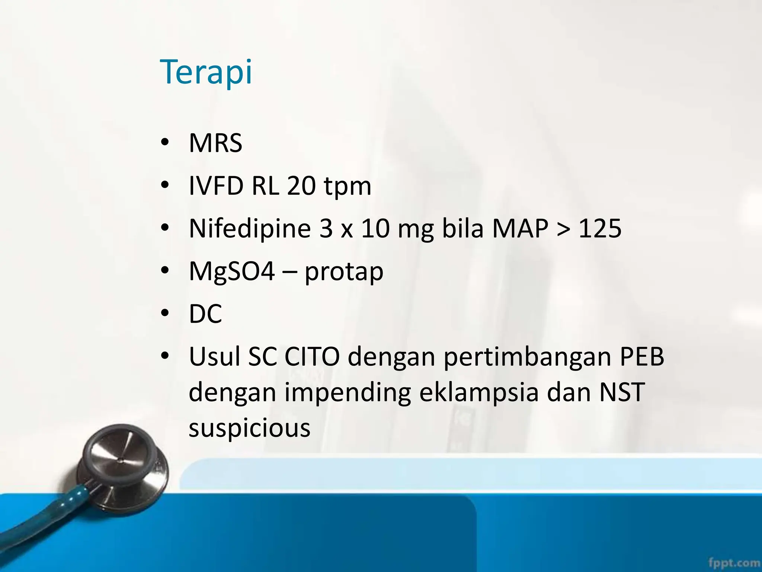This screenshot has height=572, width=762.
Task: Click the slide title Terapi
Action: [x=206, y=72]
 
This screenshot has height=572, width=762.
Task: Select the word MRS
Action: [x=215, y=143]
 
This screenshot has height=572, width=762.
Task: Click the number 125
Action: [x=600, y=228]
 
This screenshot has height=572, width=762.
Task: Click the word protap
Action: [x=344, y=273]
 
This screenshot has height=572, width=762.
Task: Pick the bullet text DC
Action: [x=205, y=314]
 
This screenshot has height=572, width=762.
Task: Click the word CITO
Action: [x=312, y=356]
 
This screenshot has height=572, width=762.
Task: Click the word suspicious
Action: [x=249, y=428]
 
